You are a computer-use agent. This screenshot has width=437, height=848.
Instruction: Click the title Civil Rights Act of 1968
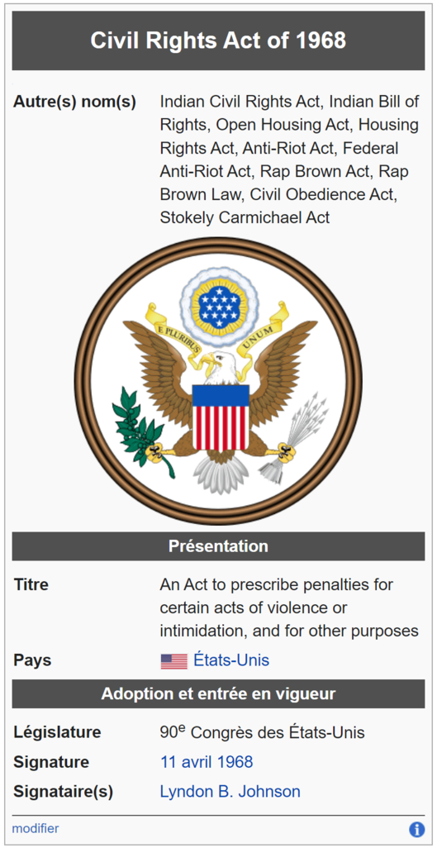point(218,41)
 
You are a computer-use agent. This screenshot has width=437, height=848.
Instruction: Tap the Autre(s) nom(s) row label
point(74,102)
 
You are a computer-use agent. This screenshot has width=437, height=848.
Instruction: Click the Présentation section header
point(218,546)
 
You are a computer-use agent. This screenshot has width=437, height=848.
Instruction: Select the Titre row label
point(31,584)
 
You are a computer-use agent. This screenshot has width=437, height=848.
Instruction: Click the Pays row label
point(32,660)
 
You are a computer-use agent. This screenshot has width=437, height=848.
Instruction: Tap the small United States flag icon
point(173,661)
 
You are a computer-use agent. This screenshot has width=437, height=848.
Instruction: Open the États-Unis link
point(231,660)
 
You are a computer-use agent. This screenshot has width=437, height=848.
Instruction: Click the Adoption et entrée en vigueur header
point(218,694)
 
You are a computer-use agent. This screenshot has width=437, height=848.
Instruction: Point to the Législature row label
point(57,733)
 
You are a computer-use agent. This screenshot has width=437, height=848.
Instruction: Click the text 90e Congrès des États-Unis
point(263,732)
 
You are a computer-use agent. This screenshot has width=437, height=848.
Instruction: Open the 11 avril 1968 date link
point(207,762)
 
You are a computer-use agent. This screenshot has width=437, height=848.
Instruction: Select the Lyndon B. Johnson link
point(230,792)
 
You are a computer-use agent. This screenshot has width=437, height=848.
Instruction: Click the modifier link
point(36,828)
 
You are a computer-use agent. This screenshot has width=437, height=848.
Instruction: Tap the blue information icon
point(416,829)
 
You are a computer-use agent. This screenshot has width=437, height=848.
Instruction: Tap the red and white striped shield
point(221,417)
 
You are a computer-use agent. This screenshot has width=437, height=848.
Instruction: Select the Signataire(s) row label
point(64,793)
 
